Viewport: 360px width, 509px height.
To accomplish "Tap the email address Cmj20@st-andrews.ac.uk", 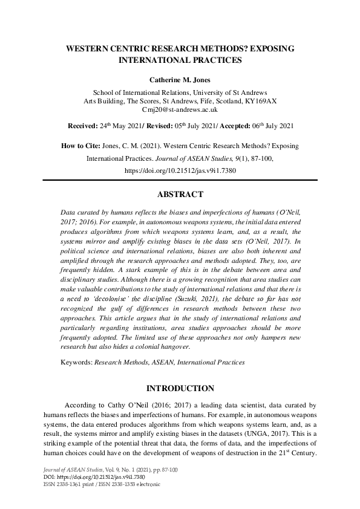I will pyautogui.click(x=180, y=110).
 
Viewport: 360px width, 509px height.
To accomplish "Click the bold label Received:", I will pyautogui.click(x=82, y=126).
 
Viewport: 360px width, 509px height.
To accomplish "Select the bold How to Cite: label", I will pyautogui.click(x=85, y=146).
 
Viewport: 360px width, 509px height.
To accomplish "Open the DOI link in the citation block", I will pyautogui.click(x=180, y=171).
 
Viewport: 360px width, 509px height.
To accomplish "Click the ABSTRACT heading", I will pyautogui.click(x=180, y=195).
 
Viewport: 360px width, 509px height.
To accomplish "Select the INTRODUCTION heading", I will pyautogui.click(x=180, y=389).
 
